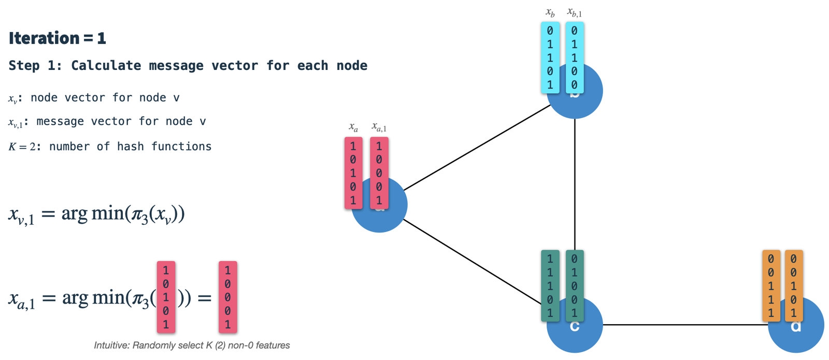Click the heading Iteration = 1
pyautogui.click(x=57, y=38)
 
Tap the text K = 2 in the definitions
pyautogui.click(x=22, y=147)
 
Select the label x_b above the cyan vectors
pyautogui.click(x=550, y=12)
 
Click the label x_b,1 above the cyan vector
pyautogui.click(x=574, y=12)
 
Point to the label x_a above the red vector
pyautogui.click(x=353, y=127)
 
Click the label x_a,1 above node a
pyautogui.click(x=379, y=127)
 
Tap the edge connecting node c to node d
pyautogui.click(x=684, y=325)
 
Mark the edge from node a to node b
pyautogui.click(x=477, y=148)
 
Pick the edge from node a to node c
pyautogui.click(x=471, y=262)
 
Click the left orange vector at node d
pyautogui.click(x=771, y=286)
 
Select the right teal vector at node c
pyautogui.click(x=574, y=286)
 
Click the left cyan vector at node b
pyautogui.click(x=550, y=57)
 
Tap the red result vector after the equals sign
pyautogui.click(x=227, y=297)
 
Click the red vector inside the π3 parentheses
pyautogui.click(x=166, y=297)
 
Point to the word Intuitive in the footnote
pyautogui.click(x=111, y=345)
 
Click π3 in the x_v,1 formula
pyautogui.click(x=139, y=214)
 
